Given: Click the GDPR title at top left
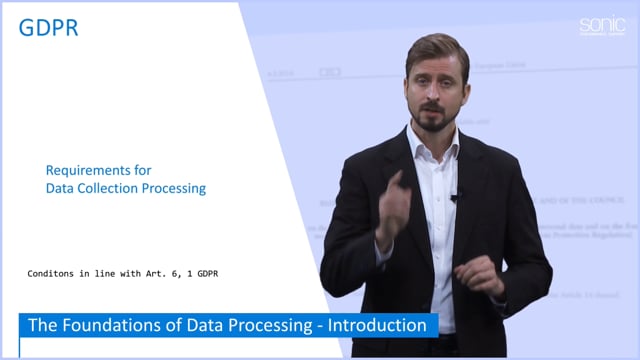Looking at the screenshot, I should coord(48,28).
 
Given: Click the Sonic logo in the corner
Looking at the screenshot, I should coord(601,27).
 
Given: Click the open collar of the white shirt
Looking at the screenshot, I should coord(437,150).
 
